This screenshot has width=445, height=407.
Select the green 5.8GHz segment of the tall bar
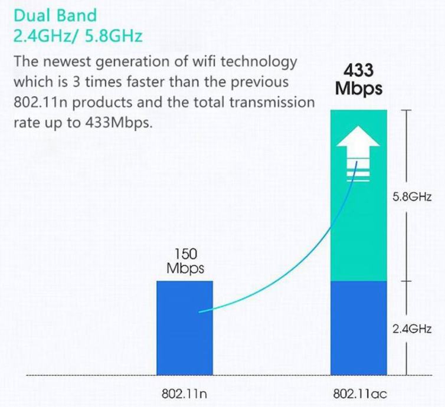359,236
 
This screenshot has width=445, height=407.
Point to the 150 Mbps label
185,261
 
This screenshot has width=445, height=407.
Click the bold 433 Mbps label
358,80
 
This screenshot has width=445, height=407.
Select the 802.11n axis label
185,392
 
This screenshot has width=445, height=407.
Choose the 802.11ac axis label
359,392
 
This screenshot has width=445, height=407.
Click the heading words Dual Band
54,15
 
